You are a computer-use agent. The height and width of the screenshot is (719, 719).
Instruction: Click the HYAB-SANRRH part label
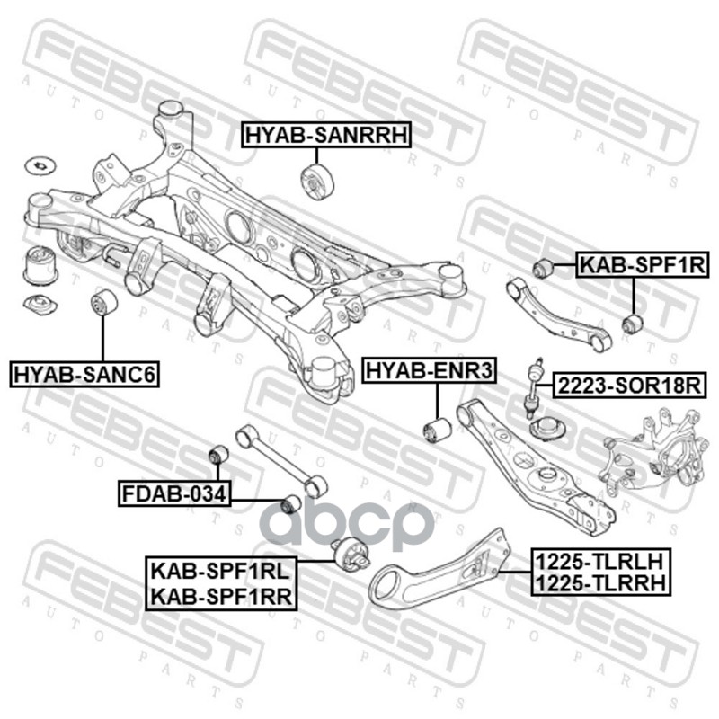(x=326, y=135)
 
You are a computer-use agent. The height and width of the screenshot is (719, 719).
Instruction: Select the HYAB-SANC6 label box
(x=84, y=374)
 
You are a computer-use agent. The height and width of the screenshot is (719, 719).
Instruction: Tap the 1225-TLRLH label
(x=599, y=561)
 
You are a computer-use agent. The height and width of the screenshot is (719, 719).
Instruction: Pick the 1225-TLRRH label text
(x=599, y=584)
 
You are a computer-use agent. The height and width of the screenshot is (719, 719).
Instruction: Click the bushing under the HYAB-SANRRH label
(x=319, y=183)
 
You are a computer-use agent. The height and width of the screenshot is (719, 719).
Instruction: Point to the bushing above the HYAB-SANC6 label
(x=104, y=304)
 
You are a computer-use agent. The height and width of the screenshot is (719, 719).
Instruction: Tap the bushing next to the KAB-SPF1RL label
(x=351, y=555)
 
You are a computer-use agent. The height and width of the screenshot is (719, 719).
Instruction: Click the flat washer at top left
(x=39, y=165)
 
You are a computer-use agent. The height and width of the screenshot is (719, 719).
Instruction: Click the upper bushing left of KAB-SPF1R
(x=541, y=267)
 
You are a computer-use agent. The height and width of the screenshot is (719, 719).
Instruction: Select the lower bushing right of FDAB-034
(x=290, y=503)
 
